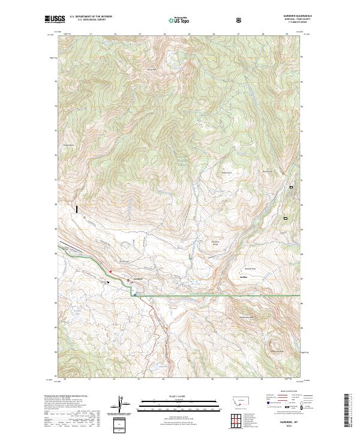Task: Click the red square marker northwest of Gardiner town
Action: click(110, 271)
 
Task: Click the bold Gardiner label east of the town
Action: click(244, 277)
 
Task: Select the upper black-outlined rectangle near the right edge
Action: click(292, 187)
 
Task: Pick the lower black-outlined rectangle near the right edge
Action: click(286, 218)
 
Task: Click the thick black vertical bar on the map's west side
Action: click(77, 209)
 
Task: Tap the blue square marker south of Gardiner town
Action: click(135, 295)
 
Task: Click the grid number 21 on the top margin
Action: click(90, 34)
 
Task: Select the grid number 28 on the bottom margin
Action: click(262, 379)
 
